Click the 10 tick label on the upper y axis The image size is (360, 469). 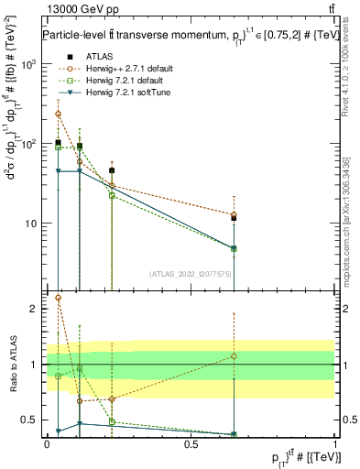pos(31,224)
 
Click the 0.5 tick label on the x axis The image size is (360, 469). pos(191,444)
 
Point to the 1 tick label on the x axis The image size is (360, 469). pos(334,444)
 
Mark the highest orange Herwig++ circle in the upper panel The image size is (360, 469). pos(58,114)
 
